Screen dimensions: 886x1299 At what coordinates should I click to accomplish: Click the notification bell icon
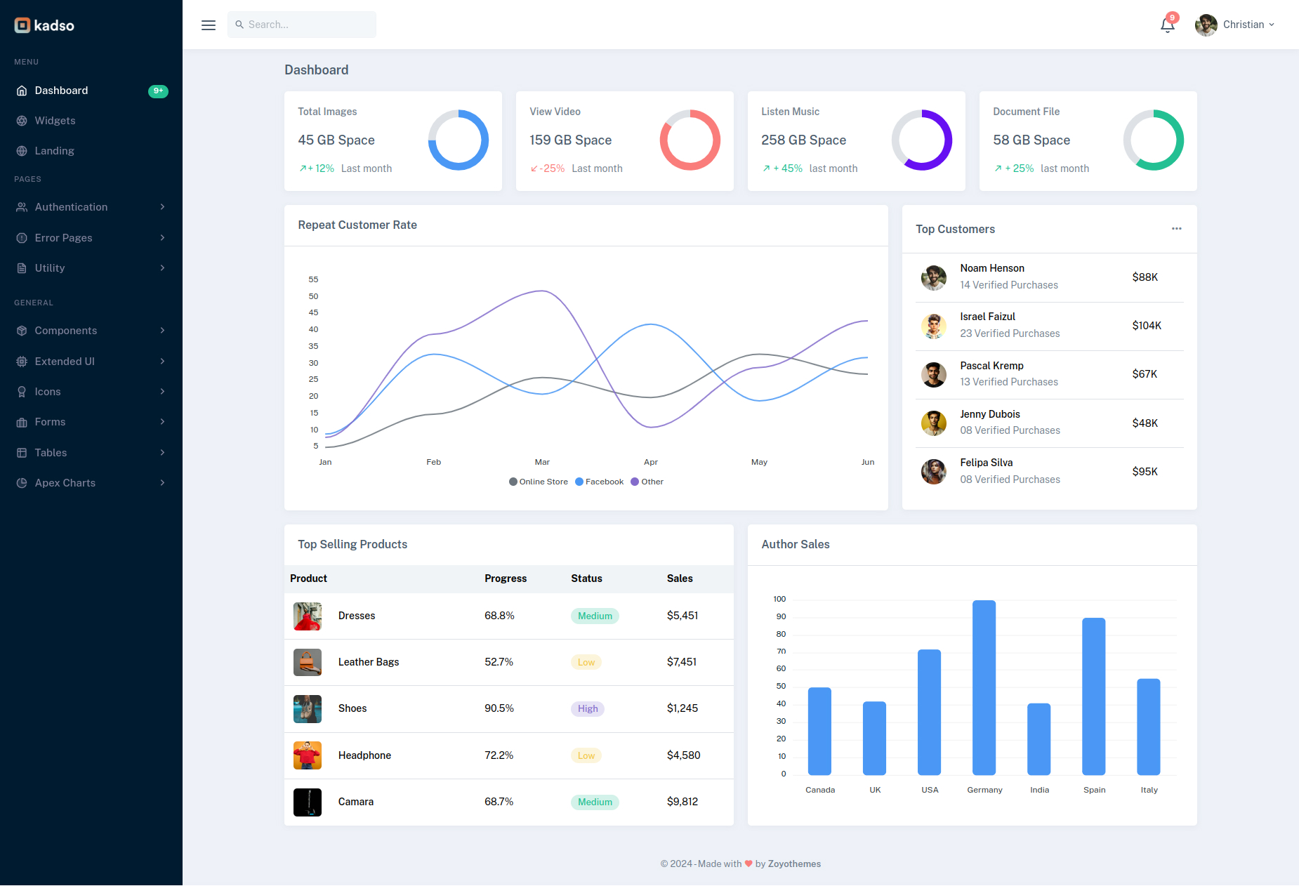tap(1167, 25)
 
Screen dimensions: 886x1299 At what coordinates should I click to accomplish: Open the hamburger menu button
tap(209, 25)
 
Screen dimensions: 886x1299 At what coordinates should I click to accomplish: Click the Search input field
tap(302, 25)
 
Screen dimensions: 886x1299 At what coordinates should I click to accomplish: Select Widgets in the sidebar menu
tap(55, 121)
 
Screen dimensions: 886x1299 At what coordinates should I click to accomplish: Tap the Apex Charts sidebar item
tap(65, 483)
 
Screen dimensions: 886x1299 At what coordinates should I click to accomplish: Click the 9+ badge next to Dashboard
tap(158, 91)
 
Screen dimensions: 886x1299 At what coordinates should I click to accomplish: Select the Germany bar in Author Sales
tap(984, 688)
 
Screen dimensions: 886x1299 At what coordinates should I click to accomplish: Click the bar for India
tap(1038, 739)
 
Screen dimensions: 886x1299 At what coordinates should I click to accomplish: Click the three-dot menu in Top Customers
tap(1176, 229)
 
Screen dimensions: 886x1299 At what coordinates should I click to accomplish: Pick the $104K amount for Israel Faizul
tap(1146, 326)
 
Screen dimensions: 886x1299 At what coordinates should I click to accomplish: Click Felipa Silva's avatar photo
tap(933, 472)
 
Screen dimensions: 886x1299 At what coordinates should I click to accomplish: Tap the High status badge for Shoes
tap(588, 709)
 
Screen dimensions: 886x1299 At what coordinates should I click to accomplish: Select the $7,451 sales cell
tap(681, 662)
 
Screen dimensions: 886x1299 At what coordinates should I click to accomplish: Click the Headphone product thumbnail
tap(308, 755)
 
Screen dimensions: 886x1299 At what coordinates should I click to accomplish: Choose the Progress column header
tap(505, 578)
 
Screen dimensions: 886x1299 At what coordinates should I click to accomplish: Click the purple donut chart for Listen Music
tap(921, 140)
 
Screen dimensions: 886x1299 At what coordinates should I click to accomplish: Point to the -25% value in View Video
tap(552, 168)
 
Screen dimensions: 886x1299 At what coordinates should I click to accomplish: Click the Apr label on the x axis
tap(650, 462)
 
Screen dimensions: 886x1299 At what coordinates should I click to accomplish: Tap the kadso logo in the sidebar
tap(44, 25)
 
